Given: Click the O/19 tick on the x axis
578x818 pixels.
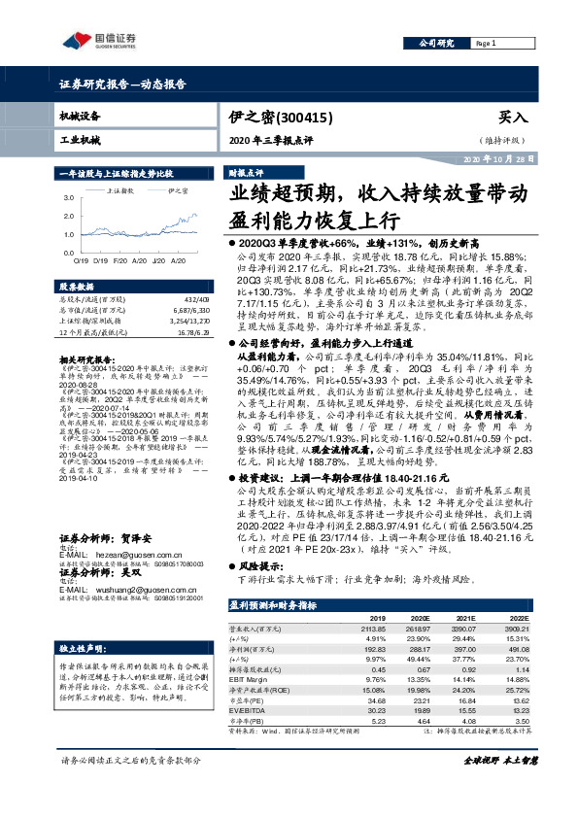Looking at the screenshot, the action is pyautogui.click(x=80, y=260).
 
